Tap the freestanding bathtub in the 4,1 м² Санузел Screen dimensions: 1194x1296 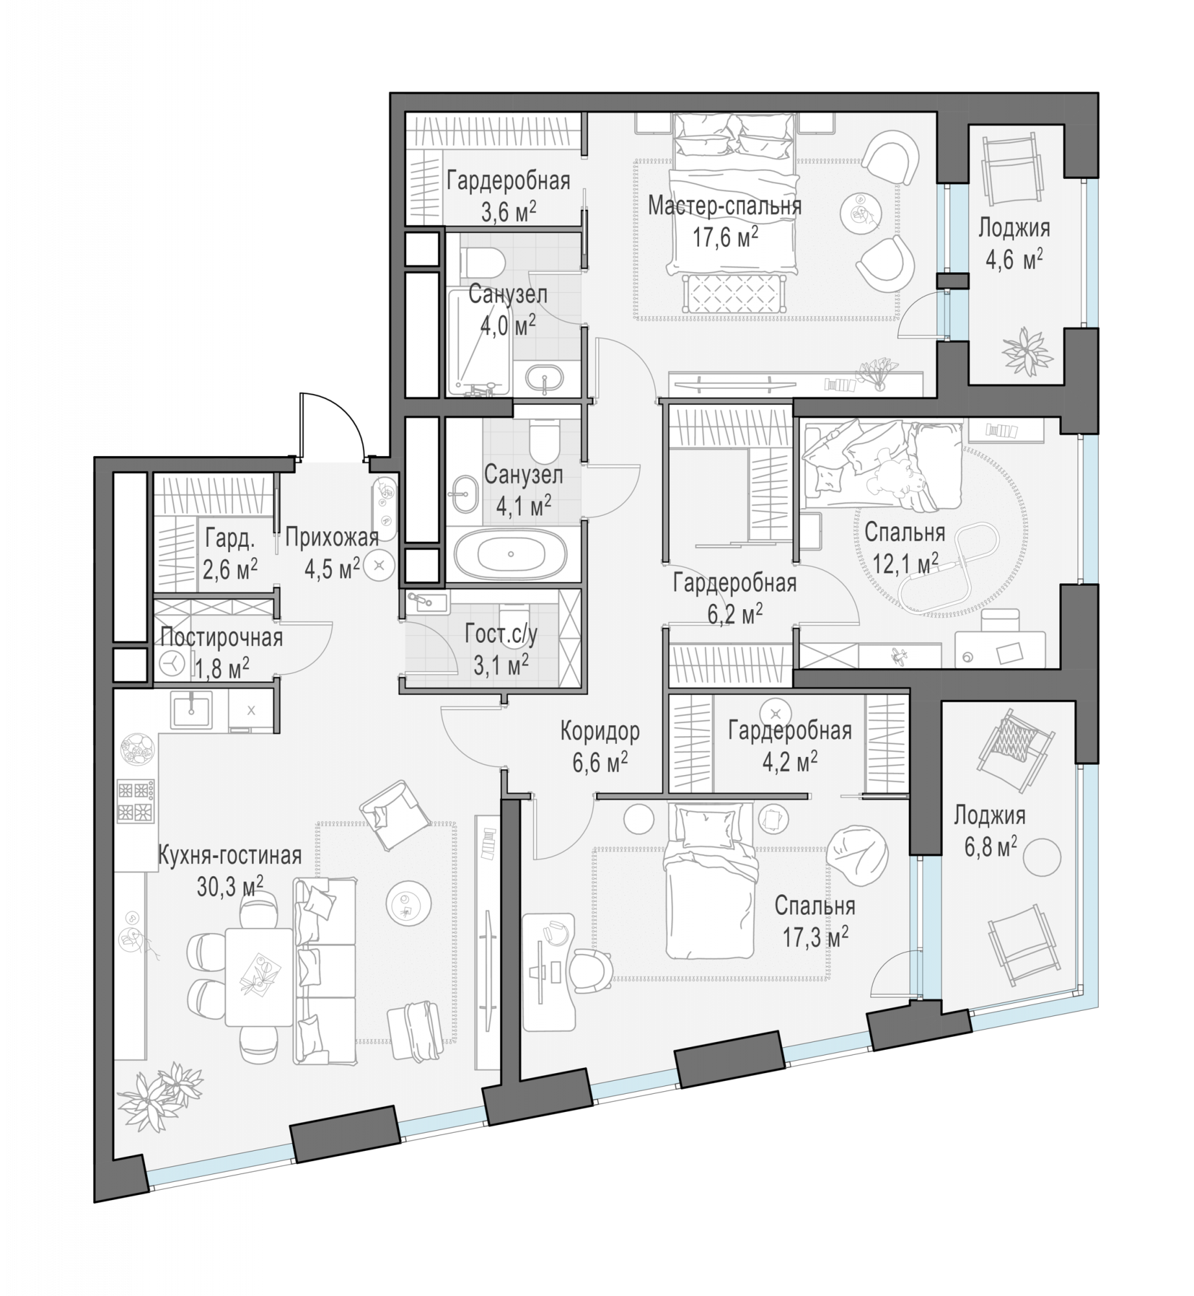click(x=511, y=555)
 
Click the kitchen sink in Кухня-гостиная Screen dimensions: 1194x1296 click(x=191, y=709)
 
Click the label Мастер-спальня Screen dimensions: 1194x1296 click(x=724, y=206)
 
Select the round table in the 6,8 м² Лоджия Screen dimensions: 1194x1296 click(x=1042, y=857)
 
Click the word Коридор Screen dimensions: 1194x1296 click(x=600, y=732)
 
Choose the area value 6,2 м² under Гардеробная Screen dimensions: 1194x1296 click(x=735, y=614)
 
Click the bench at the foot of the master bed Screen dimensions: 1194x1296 click(x=733, y=294)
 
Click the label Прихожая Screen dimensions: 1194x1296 click(x=332, y=538)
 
